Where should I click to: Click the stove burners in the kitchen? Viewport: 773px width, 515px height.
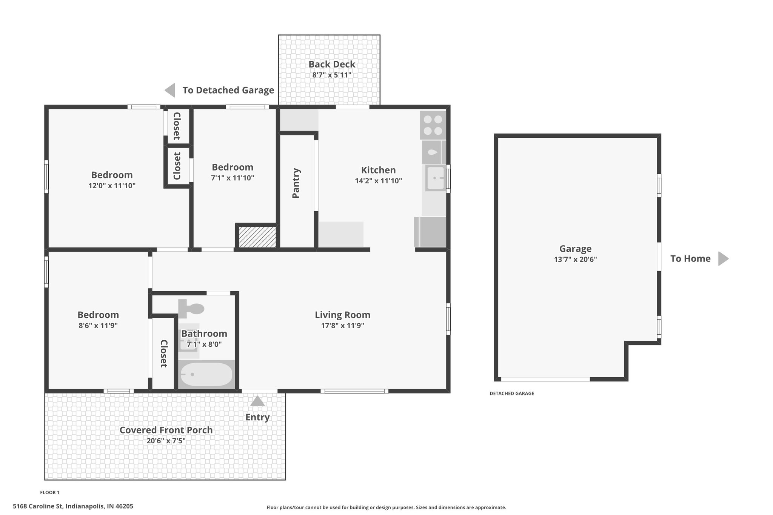click(433, 125)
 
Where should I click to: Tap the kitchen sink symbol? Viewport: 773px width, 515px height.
click(436, 178)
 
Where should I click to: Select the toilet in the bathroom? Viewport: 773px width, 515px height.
click(191, 308)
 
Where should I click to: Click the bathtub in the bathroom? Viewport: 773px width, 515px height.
click(206, 374)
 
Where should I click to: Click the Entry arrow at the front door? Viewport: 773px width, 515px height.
click(257, 401)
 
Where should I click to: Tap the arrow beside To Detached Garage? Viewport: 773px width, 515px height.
click(170, 90)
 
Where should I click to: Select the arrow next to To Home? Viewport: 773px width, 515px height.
click(723, 258)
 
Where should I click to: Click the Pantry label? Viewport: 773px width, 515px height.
click(296, 183)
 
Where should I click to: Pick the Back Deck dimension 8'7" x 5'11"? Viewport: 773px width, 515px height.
click(332, 75)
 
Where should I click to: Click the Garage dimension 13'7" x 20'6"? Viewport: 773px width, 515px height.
click(575, 259)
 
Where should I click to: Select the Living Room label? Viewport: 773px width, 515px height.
click(342, 315)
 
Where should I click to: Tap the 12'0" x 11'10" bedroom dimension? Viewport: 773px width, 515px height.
click(112, 186)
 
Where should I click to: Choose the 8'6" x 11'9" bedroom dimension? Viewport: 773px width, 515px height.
click(98, 325)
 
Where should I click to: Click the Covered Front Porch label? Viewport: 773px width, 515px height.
click(166, 430)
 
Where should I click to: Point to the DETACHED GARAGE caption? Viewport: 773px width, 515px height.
click(512, 394)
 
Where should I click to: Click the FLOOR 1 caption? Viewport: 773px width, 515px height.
click(50, 492)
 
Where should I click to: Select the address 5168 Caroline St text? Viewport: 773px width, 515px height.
click(38, 506)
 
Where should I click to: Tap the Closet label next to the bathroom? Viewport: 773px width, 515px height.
click(163, 354)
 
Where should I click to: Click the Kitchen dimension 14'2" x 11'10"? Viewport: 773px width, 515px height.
click(378, 181)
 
